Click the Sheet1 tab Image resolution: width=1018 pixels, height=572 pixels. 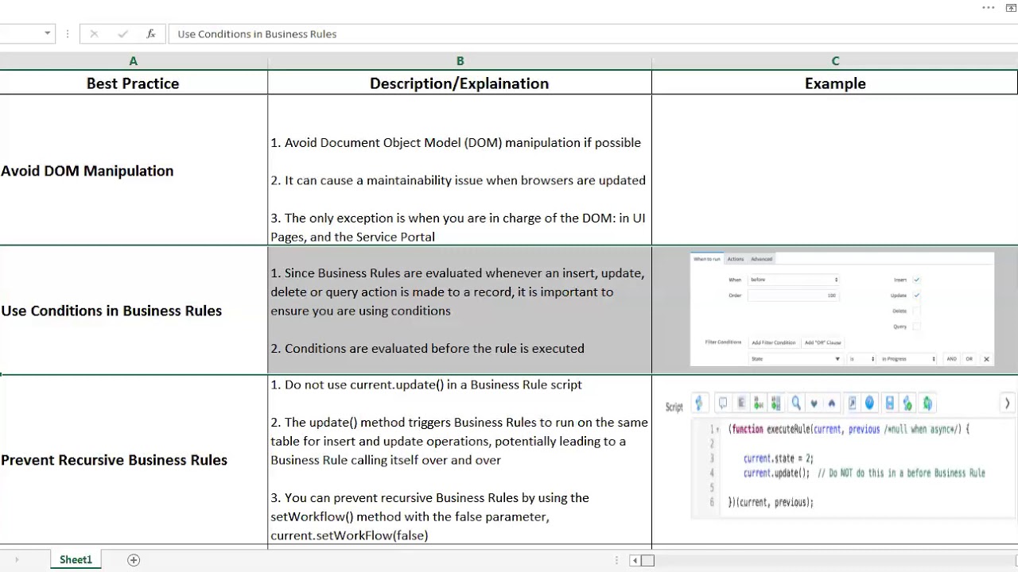[x=76, y=560]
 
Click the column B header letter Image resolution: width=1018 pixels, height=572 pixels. [x=460, y=61]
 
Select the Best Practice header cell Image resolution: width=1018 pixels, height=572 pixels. [x=133, y=83]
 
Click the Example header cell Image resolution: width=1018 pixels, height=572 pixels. [x=834, y=83]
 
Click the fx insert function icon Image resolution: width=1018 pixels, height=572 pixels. [x=150, y=34]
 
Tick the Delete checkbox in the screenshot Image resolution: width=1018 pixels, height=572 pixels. [x=916, y=311]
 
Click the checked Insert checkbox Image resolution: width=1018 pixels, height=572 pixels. [x=916, y=280]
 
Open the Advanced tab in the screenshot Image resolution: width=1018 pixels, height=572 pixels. [x=761, y=259]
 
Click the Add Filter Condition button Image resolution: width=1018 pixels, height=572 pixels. [x=773, y=342]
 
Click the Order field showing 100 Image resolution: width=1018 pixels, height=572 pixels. [x=793, y=296]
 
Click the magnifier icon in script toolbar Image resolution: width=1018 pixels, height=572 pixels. [x=796, y=404]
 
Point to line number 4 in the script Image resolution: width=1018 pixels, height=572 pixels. [x=712, y=473]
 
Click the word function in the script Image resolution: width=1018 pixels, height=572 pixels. [x=748, y=429]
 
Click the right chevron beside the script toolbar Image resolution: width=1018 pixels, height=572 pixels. [x=1007, y=404]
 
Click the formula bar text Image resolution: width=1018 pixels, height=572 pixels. [x=257, y=34]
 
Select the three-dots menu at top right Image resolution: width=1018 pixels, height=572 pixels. [x=989, y=8]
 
